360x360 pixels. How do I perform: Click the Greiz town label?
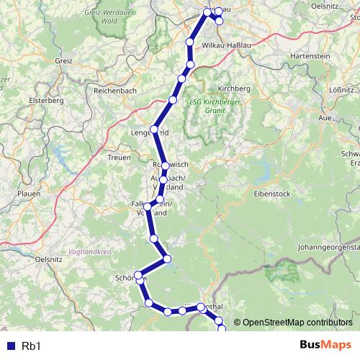pos(64,62)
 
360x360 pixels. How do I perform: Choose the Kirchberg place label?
pos(232,88)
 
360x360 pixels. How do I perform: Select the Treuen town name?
pos(119,157)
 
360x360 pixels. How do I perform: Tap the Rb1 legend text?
pos(32,346)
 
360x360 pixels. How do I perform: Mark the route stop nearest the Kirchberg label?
pos(189,65)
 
